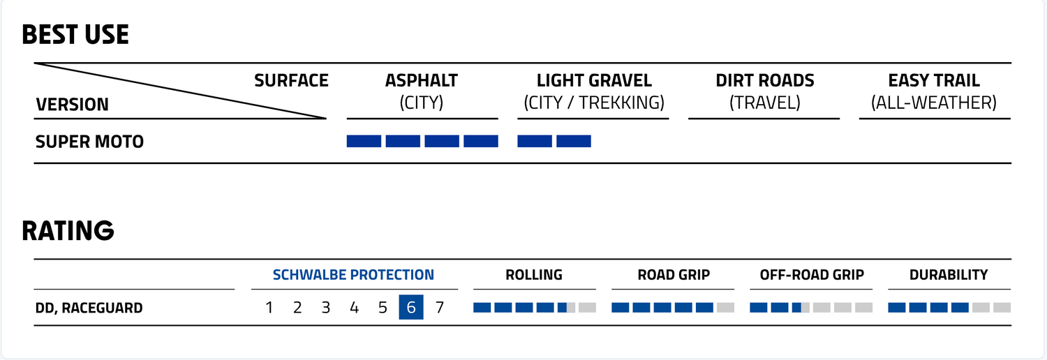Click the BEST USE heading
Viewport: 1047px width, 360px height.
pos(75,35)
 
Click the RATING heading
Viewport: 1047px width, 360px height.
pos(68,231)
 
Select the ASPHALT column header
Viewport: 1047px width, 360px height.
pos(422,81)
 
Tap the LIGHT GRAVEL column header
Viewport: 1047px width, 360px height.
pos(594,81)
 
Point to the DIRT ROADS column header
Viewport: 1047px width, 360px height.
pos(764,81)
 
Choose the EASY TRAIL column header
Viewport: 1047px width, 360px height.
pos(934,81)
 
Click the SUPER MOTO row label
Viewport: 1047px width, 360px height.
pos(89,142)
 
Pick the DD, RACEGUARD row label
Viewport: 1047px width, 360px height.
pos(89,308)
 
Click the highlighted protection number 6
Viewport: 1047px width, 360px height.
pos(411,308)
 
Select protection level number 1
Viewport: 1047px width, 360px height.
pos(269,308)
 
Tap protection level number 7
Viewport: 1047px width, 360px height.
pos(440,308)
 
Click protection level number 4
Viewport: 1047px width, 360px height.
pos(354,308)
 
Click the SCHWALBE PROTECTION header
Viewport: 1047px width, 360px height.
pos(353,275)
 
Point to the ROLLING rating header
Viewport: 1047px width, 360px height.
pos(534,275)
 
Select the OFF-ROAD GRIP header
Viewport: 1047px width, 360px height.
pos(812,275)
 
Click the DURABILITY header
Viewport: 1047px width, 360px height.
pos(949,275)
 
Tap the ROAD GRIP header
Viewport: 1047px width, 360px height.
pos(674,275)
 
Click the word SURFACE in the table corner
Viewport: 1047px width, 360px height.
pos(291,81)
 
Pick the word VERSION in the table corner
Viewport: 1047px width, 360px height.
pos(72,105)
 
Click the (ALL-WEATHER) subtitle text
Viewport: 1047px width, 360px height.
pos(934,103)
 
